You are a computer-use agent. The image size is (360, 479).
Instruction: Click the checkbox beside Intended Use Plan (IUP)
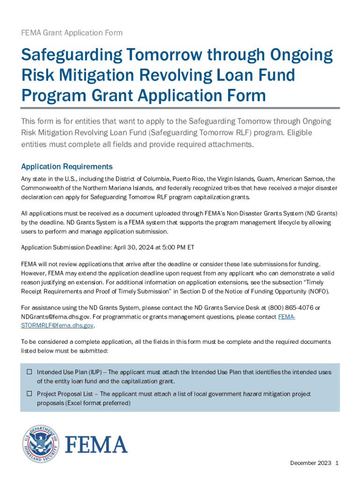click(x=29, y=372)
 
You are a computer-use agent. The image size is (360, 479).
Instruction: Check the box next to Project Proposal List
click(x=29, y=394)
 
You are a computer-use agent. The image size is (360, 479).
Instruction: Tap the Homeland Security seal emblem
click(x=41, y=444)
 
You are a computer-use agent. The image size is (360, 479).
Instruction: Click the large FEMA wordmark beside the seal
click(x=96, y=444)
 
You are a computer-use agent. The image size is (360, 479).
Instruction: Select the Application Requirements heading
click(x=67, y=167)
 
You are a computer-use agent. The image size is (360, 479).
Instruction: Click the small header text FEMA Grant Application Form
click(x=72, y=33)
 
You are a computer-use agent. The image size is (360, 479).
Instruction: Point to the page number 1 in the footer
click(x=337, y=463)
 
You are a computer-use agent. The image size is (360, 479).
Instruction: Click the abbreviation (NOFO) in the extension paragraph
click(x=316, y=291)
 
